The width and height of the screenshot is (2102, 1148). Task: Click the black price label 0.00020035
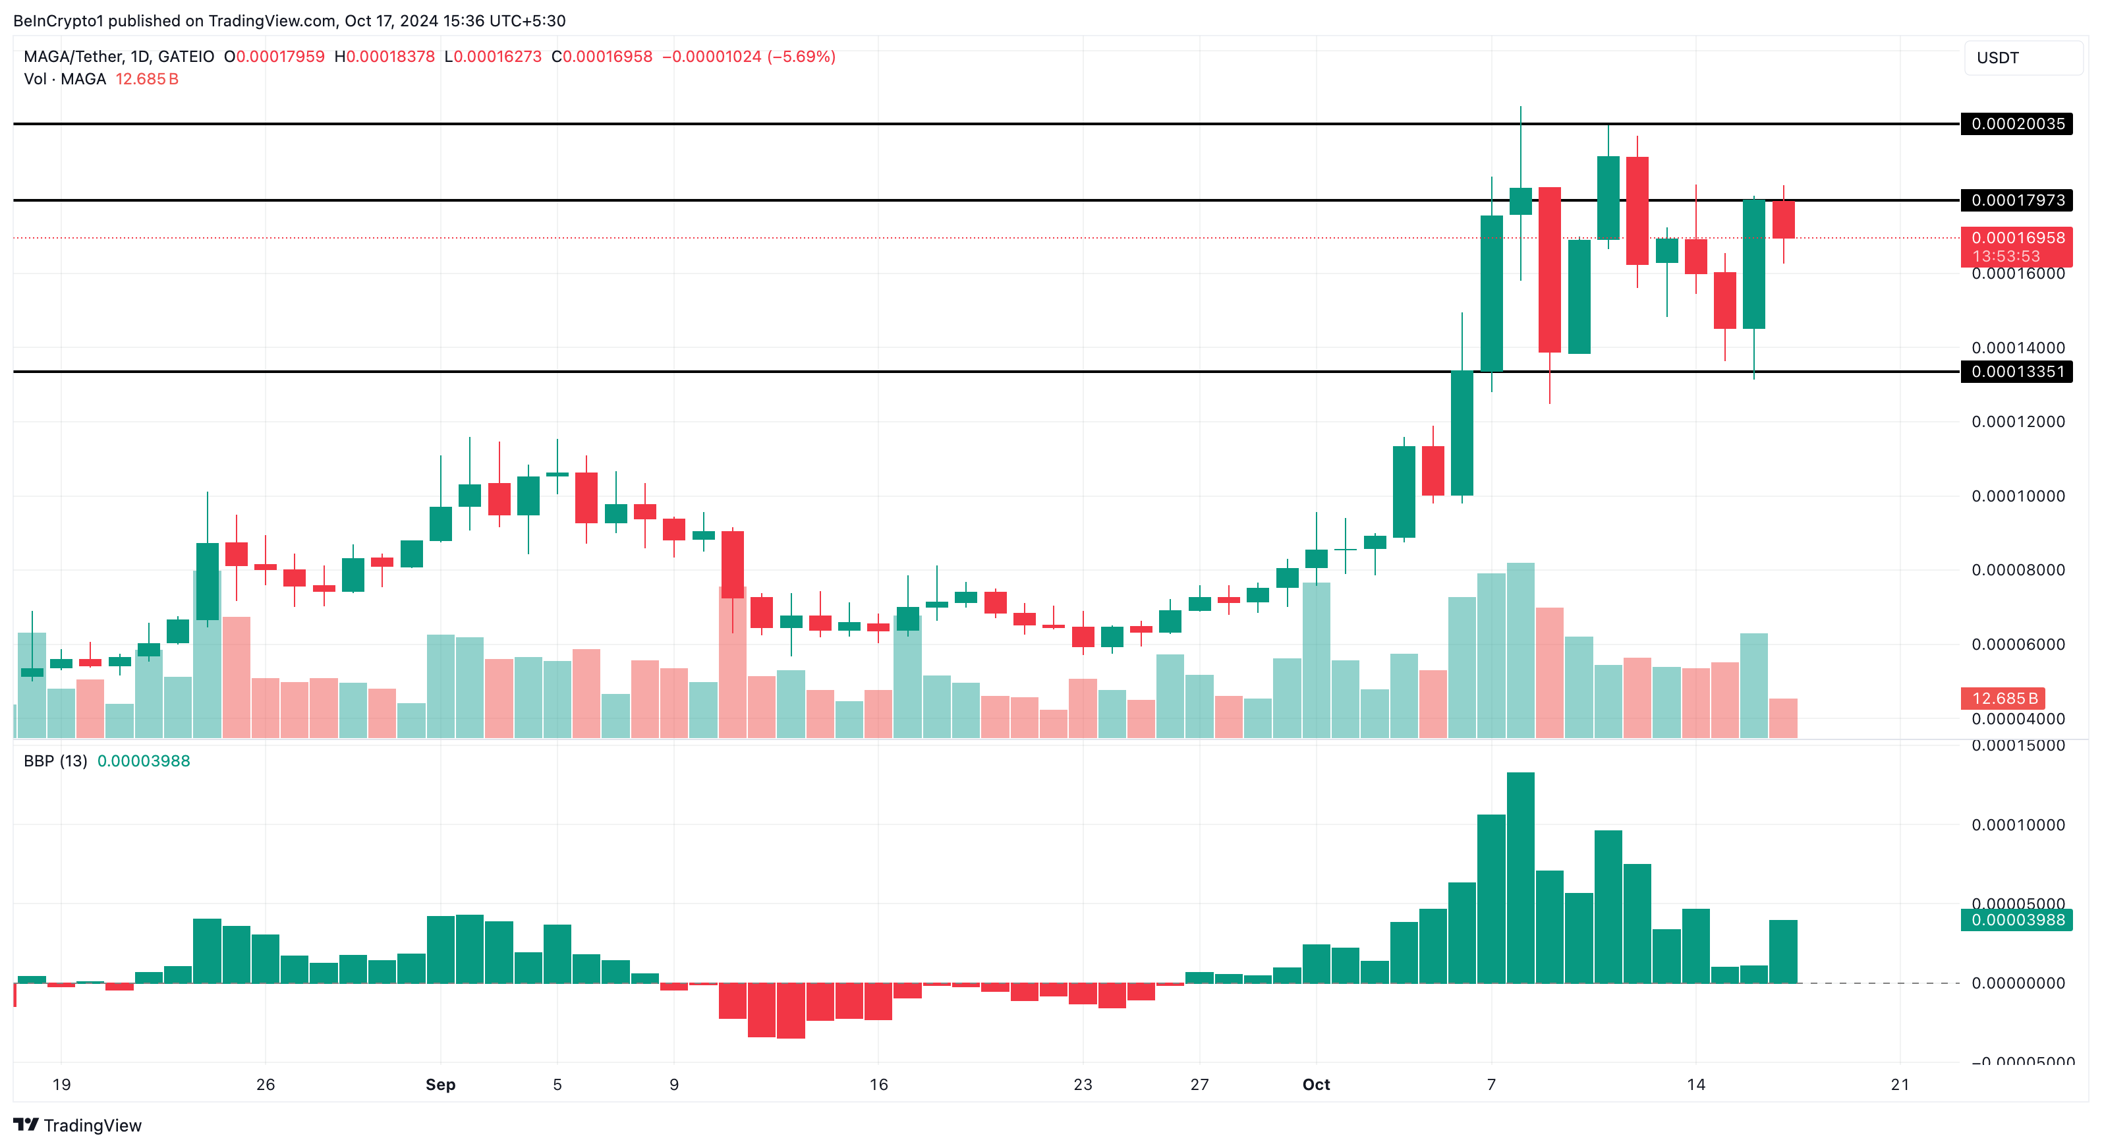pos(2017,124)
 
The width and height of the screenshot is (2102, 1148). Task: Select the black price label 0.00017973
pos(2017,200)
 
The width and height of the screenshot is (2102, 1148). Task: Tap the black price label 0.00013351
pos(2017,372)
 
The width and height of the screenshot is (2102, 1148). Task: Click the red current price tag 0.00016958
pos(2017,239)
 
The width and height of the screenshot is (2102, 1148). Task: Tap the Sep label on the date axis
pos(441,1084)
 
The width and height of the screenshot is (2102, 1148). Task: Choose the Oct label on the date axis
pos(1316,1084)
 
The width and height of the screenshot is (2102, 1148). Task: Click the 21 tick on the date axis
pos(1900,1084)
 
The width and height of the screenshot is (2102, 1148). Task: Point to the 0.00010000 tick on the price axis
pos(2017,496)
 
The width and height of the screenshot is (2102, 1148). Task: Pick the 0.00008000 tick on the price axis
pos(2017,569)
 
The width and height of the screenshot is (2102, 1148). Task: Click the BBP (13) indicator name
pos(55,761)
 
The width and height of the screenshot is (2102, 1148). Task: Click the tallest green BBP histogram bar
pos(1521,877)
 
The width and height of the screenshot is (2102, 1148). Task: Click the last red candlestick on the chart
pos(1783,219)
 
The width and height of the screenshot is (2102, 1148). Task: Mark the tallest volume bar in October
pos(1521,650)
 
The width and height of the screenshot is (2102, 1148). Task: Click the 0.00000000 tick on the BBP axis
pos(2017,983)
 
